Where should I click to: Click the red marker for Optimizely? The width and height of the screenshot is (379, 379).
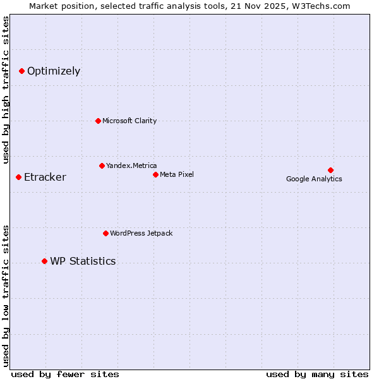(21, 71)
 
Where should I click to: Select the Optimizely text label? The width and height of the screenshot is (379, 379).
(54, 71)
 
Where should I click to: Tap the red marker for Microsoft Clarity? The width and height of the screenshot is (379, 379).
(98, 121)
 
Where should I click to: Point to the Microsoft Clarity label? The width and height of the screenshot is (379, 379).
(129, 121)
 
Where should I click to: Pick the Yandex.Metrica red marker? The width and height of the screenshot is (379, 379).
(102, 165)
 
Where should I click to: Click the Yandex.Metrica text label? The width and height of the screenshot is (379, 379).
(131, 165)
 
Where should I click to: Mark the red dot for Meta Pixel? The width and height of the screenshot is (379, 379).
(155, 174)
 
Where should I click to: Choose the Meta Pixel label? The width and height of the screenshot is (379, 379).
(177, 174)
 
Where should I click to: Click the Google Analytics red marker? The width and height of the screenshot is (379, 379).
(330, 170)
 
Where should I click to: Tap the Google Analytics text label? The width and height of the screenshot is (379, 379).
(314, 179)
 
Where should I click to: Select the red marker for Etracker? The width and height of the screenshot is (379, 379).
(18, 177)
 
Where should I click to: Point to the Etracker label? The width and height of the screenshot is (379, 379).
(45, 177)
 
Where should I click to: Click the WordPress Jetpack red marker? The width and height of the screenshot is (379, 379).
(105, 233)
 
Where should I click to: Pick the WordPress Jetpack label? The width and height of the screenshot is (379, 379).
(141, 233)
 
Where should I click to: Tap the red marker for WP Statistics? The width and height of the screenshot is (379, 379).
(44, 261)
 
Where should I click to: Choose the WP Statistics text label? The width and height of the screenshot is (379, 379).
(83, 261)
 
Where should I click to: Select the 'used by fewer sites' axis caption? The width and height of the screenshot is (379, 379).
(65, 374)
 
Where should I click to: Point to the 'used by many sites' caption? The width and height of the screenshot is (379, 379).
(317, 374)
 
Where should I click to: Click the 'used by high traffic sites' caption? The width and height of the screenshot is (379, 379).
(6, 90)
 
